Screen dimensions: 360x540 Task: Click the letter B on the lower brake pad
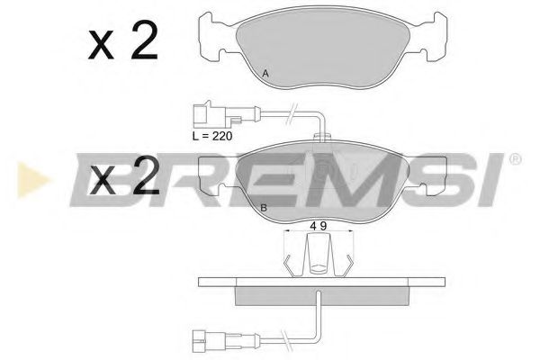(x=263, y=208)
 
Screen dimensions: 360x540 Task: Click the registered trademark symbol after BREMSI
(x=515, y=159)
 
